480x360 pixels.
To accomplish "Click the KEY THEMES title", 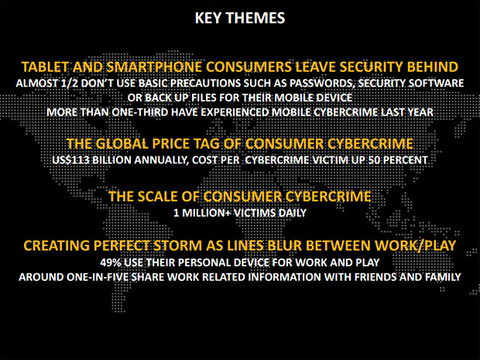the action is [240, 18].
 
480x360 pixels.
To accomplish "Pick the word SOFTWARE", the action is [437, 84].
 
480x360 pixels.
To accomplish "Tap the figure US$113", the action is [70, 160].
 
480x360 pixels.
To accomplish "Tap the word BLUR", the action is [285, 245].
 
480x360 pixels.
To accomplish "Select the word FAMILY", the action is [443, 277].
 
